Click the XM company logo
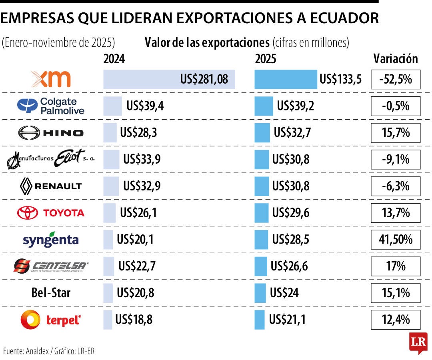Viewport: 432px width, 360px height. [x=51, y=79]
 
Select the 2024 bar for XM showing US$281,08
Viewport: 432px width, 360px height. [x=169, y=79]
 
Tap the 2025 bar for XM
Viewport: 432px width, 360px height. [x=286, y=79]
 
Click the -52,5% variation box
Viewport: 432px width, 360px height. [x=396, y=79]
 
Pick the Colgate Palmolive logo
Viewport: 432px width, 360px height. [x=51, y=106]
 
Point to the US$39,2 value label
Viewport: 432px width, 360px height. [x=296, y=106]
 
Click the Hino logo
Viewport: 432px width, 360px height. [x=51, y=132]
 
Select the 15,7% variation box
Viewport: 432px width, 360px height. [x=396, y=132]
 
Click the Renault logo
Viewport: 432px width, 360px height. [x=51, y=186]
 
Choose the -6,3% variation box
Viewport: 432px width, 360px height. [x=396, y=186]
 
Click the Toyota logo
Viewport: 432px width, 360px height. [x=51, y=212]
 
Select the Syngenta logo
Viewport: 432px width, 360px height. [x=51, y=239]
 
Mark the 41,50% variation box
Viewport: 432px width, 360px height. [x=396, y=239]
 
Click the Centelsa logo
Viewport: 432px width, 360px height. [x=51, y=266]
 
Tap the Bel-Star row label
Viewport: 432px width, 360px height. [x=51, y=292]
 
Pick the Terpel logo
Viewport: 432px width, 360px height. [x=51, y=319]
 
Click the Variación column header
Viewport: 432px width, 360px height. [x=395, y=59]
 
